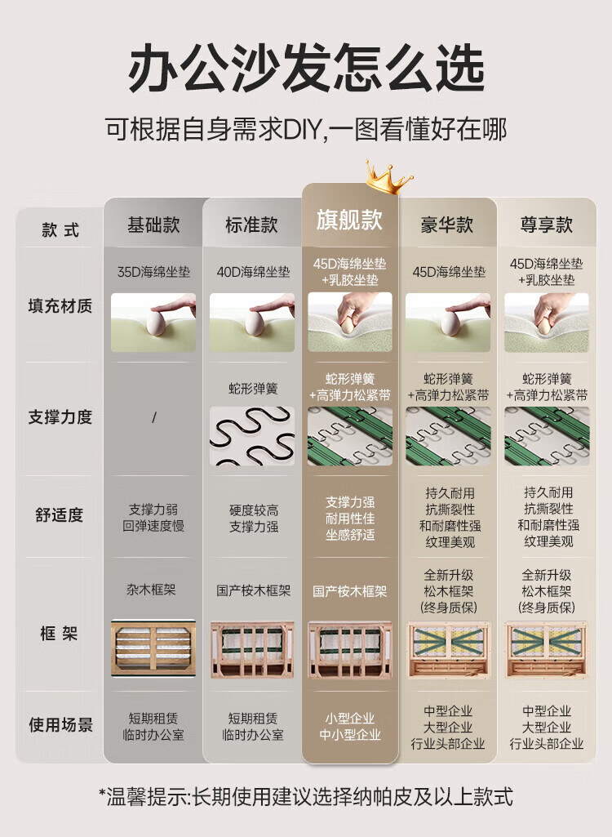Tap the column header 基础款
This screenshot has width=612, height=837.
click(153, 225)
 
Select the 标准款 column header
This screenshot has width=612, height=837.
click(252, 225)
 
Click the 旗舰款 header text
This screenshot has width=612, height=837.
click(349, 220)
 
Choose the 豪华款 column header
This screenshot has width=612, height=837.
click(447, 225)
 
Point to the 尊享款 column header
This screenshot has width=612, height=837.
click(547, 225)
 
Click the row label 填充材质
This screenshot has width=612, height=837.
click(60, 306)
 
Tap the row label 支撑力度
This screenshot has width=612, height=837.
click(60, 417)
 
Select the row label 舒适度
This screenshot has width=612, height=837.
click(60, 515)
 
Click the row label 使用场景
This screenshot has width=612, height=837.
click(60, 725)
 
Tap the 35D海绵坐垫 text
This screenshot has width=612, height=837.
click(153, 272)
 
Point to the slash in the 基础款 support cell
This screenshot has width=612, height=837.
click(153, 417)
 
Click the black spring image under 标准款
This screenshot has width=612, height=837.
click(252, 435)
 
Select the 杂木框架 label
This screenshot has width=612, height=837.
click(151, 590)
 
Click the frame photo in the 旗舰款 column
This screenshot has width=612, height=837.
click(350, 650)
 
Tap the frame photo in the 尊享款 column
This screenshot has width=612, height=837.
click(547, 650)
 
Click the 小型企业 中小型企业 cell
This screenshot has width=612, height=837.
click(350, 727)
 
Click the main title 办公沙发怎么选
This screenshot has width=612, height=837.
click(306, 69)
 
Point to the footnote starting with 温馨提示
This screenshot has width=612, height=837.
click(306, 796)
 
